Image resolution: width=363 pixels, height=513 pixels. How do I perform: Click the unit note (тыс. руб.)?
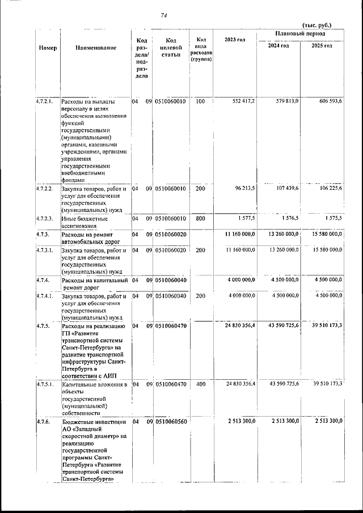pos(316,25)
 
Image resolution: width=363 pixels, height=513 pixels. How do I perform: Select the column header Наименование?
pos(96,48)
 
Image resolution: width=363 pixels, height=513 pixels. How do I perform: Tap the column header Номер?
pos(48,48)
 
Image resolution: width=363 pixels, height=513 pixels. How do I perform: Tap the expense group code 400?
pos(200,384)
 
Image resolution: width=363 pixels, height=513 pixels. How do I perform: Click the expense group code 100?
pos(200,101)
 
